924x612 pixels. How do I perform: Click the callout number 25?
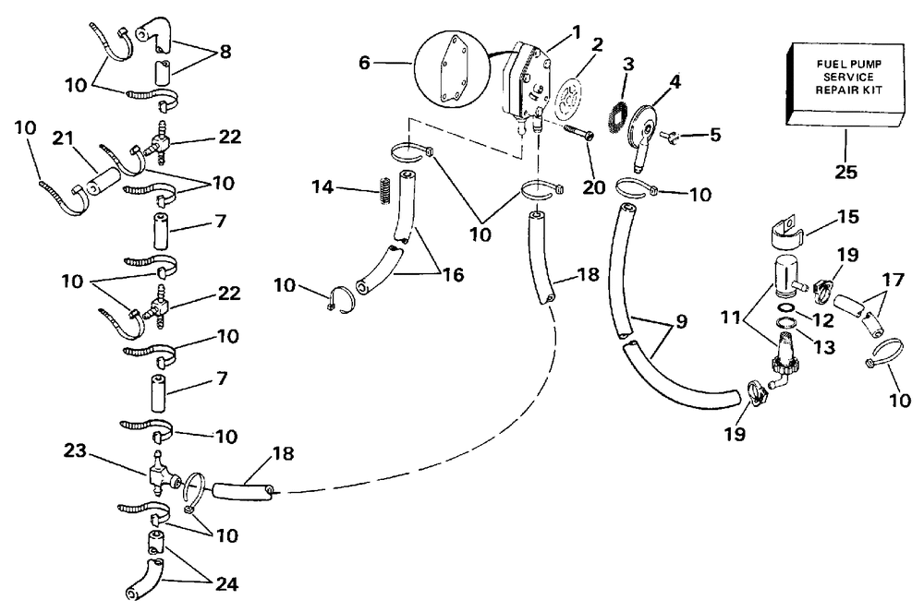(846, 172)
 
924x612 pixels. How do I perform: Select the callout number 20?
(593, 188)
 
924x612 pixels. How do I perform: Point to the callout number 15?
(848, 218)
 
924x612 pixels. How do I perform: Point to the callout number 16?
(454, 274)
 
